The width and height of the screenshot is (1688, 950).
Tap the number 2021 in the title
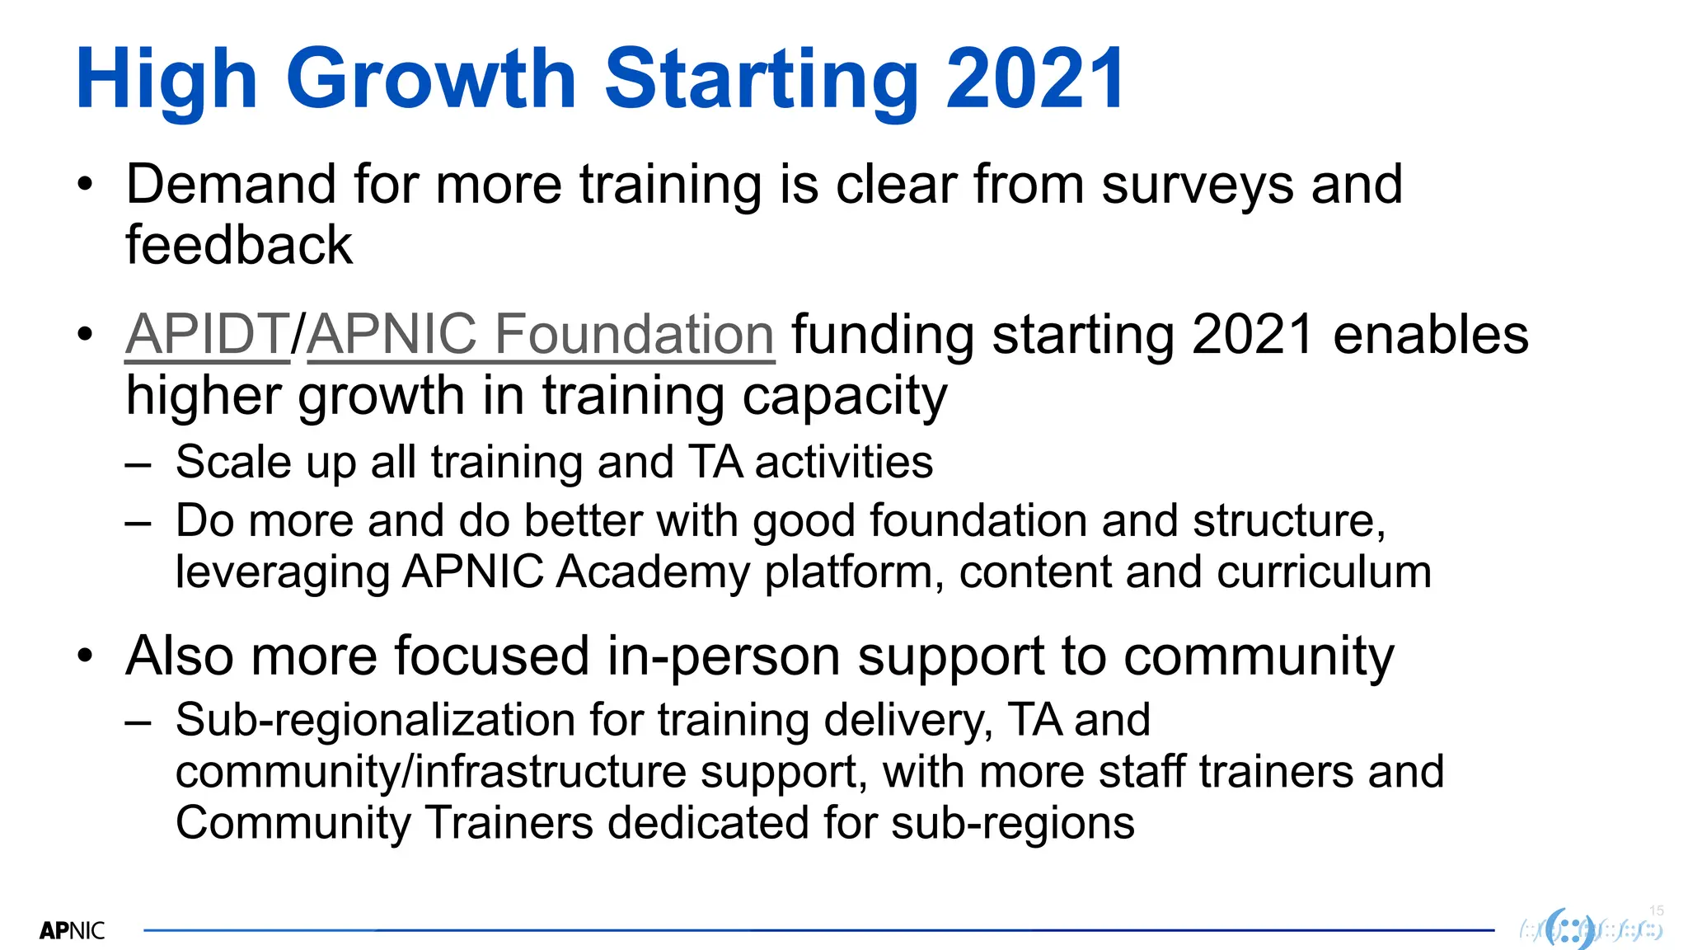coord(1035,80)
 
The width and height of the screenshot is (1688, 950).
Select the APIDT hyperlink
coord(207,335)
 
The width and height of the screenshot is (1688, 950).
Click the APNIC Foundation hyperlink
coord(541,335)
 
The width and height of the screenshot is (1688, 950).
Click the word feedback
coord(239,246)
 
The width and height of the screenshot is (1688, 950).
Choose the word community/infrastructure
coord(431,773)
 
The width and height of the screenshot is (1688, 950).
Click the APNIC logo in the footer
coord(73,931)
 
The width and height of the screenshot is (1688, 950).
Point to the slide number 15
coord(1656,910)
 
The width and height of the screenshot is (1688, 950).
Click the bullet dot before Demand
coord(85,185)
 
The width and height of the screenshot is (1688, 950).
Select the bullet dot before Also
coord(85,657)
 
